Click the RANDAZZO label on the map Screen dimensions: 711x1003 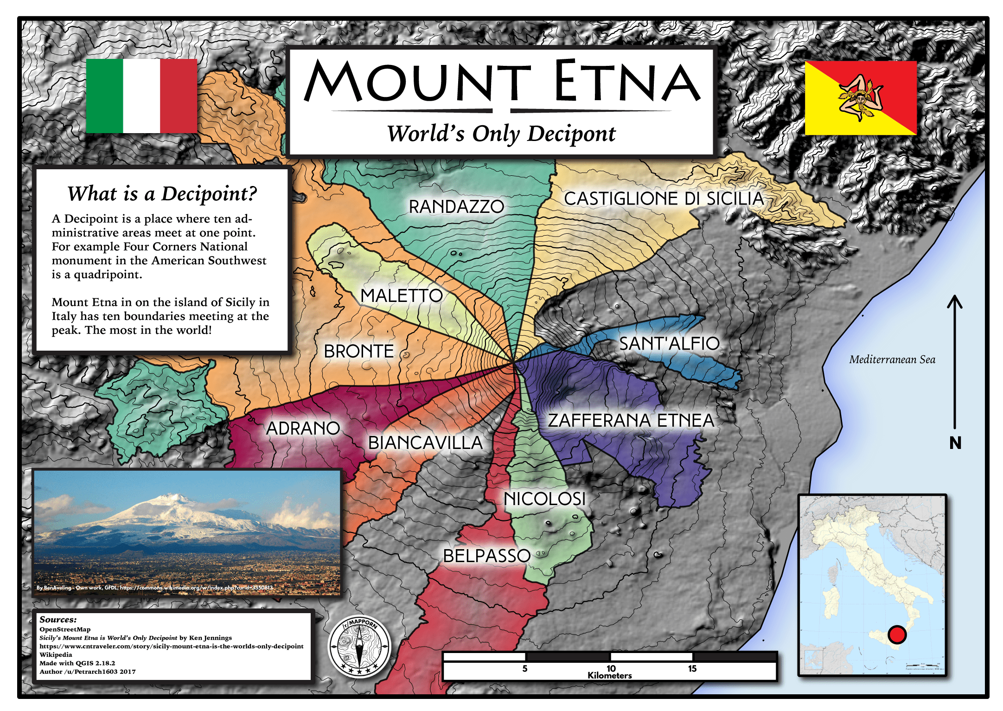[456, 207]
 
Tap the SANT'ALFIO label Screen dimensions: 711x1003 [669, 344]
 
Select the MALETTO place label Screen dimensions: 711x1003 [402, 295]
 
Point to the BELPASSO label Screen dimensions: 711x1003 [486, 556]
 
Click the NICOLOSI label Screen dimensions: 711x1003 [545, 499]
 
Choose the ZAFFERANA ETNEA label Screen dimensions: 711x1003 [631, 420]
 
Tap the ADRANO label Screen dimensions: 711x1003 [303, 428]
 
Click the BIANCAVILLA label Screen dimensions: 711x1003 [425, 442]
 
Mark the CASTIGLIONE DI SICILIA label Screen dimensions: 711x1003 [664, 199]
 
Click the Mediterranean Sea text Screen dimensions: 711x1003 [892, 359]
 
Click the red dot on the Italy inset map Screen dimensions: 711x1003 [897, 634]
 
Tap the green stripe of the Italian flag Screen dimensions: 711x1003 [104, 96]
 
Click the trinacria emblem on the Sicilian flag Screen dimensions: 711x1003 [860, 98]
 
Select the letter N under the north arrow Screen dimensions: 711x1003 [955, 443]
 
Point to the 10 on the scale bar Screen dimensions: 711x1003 [611, 668]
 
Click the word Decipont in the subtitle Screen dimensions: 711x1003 [571, 134]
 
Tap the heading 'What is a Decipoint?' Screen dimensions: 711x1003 [162, 193]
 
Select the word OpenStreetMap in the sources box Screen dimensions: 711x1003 [65, 629]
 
